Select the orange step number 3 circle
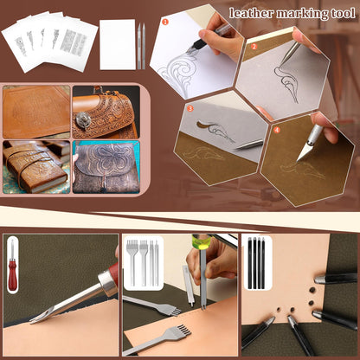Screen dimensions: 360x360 [190, 109]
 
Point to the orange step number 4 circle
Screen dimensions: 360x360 [276, 129]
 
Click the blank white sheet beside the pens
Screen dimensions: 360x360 [117, 44]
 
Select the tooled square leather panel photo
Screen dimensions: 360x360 [36, 112]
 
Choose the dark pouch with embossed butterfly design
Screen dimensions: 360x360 [104, 168]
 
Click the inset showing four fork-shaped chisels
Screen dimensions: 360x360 [143, 262]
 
